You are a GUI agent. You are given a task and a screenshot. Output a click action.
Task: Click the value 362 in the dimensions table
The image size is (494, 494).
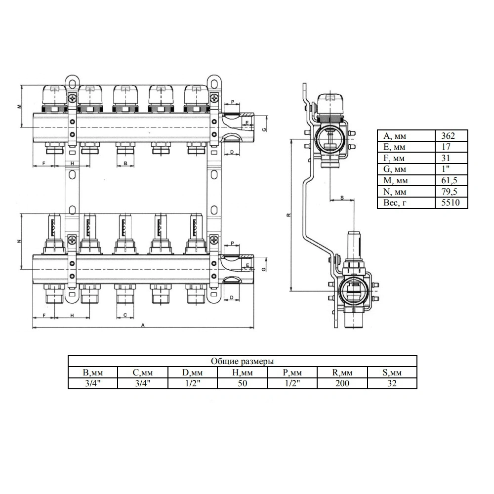pyautogui.click(x=448, y=136)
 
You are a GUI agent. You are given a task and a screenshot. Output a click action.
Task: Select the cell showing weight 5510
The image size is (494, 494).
pyautogui.click(x=450, y=203)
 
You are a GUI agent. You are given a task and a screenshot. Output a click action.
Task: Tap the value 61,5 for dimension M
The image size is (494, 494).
pyautogui.click(x=449, y=180)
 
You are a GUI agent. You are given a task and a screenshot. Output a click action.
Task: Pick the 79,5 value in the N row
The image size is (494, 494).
pyautogui.click(x=449, y=192)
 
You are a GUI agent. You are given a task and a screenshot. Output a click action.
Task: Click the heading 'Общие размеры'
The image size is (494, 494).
pyautogui.click(x=242, y=361)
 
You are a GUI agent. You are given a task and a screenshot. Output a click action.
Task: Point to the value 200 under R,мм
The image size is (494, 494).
pyautogui.click(x=342, y=383)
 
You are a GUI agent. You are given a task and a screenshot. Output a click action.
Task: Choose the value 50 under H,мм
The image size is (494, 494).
pyautogui.click(x=242, y=383)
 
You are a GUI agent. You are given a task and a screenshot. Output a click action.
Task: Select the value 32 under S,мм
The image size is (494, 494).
pyautogui.click(x=392, y=383)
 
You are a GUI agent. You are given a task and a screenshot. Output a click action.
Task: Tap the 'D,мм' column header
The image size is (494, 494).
pyautogui.click(x=193, y=372)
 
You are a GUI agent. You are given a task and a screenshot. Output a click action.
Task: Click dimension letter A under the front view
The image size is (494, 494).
pyautogui.click(x=143, y=325)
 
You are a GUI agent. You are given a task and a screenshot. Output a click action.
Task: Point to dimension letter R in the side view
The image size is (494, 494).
pyautogui.click(x=288, y=215)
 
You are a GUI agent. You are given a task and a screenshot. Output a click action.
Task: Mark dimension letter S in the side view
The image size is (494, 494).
pyautogui.click(x=342, y=198)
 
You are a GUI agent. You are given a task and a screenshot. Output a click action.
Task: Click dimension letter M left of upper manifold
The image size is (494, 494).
pyautogui.click(x=19, y=106)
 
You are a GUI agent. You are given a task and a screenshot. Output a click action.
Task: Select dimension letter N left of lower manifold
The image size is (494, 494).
pyautogui.click(x=19, y=242)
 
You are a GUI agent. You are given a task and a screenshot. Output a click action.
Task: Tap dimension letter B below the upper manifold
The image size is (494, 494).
pyautogui.click(x=125, y=164)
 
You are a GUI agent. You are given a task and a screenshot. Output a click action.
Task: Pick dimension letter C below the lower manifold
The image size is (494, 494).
pyautogui.click(x=125, y=315)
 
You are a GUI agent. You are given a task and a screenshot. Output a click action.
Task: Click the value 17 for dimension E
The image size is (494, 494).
pyautogui.click(x=446, y=147)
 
